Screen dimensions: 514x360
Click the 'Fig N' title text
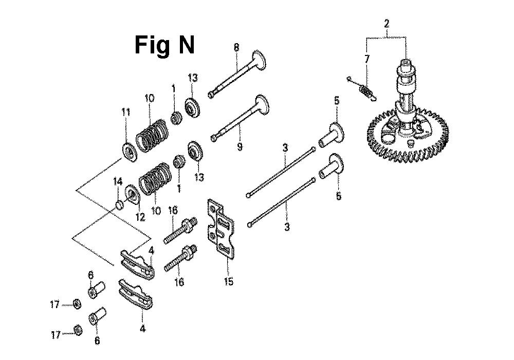click(x=164, y=45)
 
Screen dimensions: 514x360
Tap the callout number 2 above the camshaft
click(x=387, y=24)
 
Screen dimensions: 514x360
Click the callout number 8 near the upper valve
click(x=236, y=48)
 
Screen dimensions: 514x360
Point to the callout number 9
click(x=240, y=146)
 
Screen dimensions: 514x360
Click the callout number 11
click(x=126, y=112)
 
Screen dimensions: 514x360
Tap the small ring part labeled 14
click(x=119, y=205)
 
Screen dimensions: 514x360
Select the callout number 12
click(x=141, y=217)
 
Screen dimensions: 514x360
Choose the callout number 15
click(x=229, y=281)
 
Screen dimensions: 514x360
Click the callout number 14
click(x=118, y=181)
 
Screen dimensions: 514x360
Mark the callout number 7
click(x=367, y=60)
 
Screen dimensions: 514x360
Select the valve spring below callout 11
click(x=152, y=136)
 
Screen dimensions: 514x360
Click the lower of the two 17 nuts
click(x=78, y=330)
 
